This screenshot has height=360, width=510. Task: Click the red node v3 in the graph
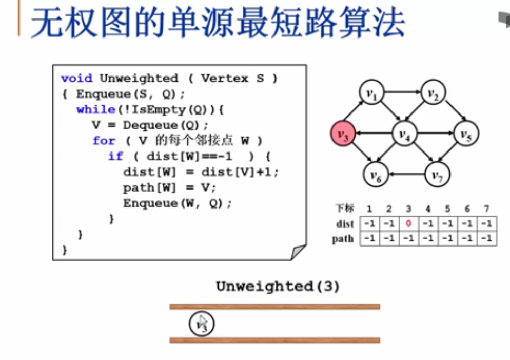point(343,135)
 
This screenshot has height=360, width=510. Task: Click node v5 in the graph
point(466,135)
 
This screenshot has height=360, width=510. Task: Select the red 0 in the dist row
point(408,223)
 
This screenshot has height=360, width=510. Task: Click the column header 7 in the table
point(486,209)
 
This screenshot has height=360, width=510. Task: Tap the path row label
point(343,239)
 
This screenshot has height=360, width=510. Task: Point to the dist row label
point(345,224)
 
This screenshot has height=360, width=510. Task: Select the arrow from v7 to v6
point(406,175)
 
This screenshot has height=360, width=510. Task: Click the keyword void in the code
point(76,79)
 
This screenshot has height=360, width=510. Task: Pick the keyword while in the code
point(95,109)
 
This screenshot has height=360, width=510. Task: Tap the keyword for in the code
point(104,140)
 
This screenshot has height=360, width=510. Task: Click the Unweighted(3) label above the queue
point(278,286)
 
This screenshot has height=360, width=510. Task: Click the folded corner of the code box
point(298,252)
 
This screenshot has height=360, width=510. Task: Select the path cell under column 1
point(369,239)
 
